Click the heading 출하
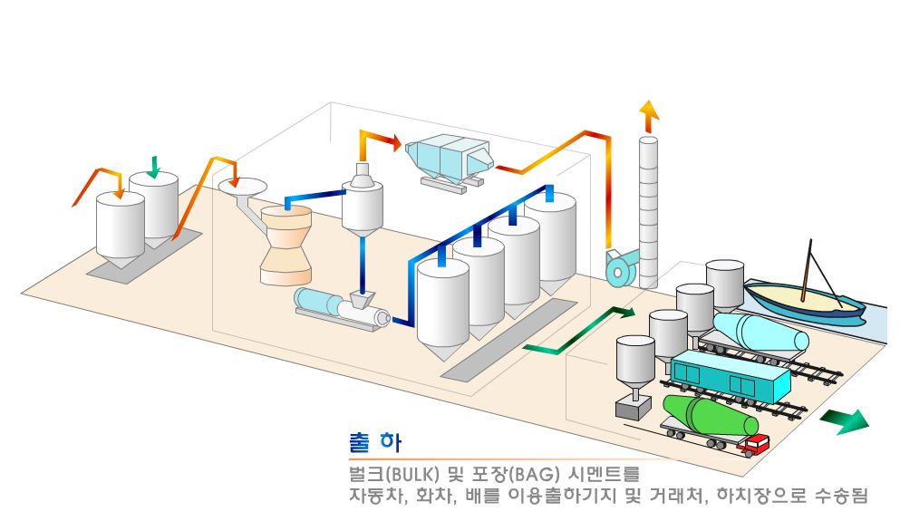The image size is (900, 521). pyautogui.click(x=374, y=443)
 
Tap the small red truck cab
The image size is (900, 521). pyautogui.click(x=755, y=443)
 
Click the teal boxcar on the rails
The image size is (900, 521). pyautogui.click(x=730, y=376)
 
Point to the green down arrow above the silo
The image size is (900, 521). pyautogui.click(x=153, y=167)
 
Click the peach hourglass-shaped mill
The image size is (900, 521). pyautogui.click(x=285, y=245)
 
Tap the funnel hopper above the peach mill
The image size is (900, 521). pyautogui.click(x=242, y=188)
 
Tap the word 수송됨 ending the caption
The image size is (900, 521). pyautogui.click(x=842, y=497)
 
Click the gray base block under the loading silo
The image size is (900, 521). pyautogui.click(x=632, y=407)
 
